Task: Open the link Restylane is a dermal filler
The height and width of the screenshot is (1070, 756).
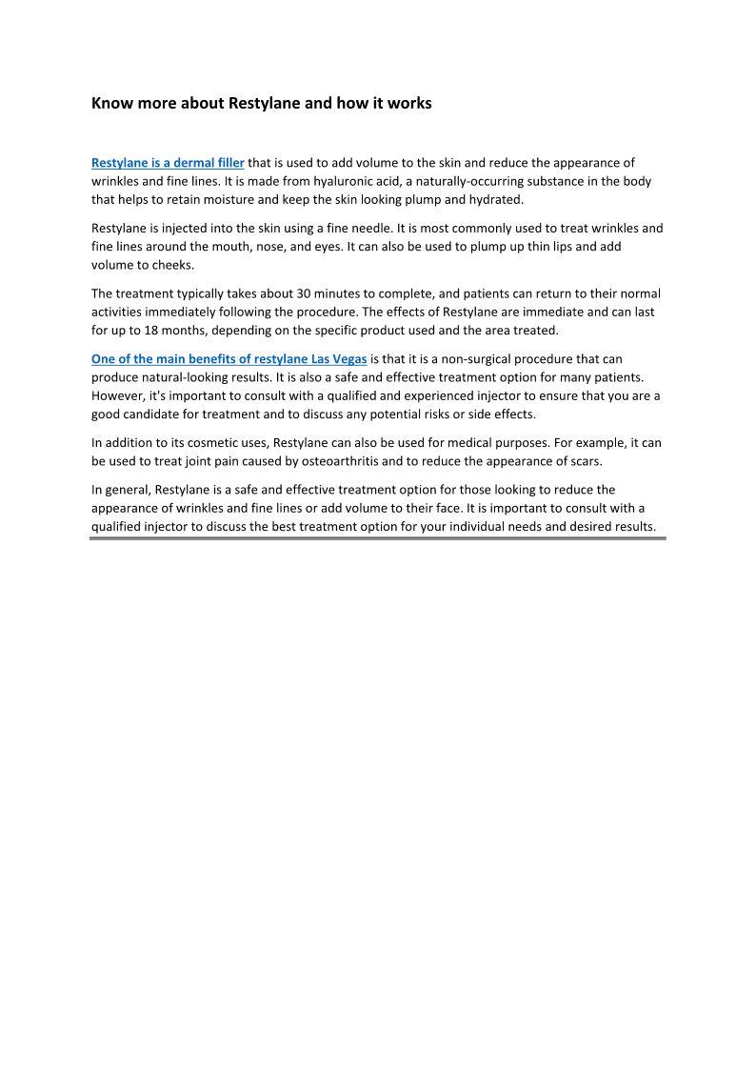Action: (168, 163)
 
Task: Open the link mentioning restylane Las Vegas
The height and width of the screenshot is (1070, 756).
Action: (229, 359)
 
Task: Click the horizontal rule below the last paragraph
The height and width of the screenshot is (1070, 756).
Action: (378, 538)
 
